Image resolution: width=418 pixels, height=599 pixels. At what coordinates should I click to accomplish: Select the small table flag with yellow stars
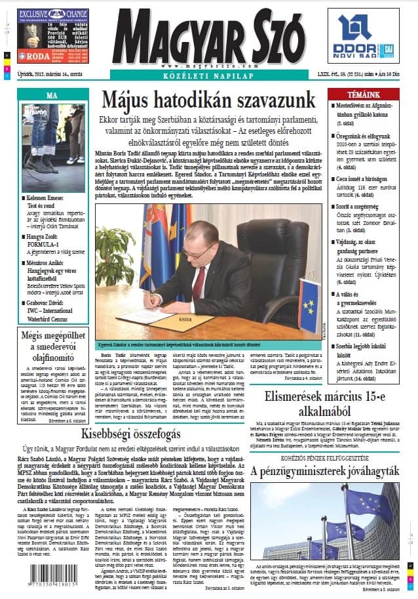309,314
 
